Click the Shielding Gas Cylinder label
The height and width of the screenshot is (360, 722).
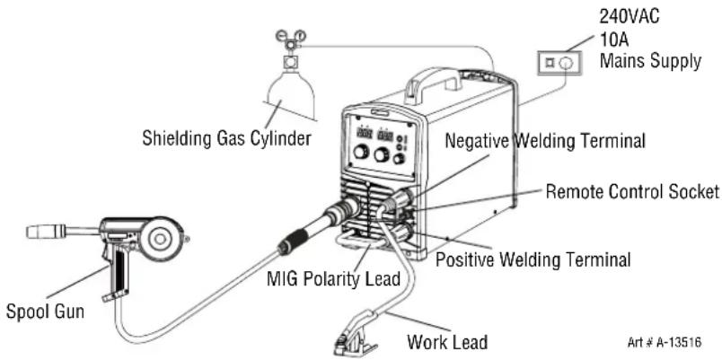(x=226, y=137)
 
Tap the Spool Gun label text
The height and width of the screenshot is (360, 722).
(x=45, y=312)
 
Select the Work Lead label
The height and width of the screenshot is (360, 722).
(x=447, y=342)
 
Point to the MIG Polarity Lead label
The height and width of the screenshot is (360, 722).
(x=333, y=279)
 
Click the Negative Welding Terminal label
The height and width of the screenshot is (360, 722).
(x=545, y=140)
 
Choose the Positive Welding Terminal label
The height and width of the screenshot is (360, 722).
(x=533, y=259)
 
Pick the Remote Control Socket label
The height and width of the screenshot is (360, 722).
(x=632, y=190)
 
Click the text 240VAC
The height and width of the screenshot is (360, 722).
(x=629, y=16)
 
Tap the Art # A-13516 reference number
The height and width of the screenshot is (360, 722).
(x=664, y=342)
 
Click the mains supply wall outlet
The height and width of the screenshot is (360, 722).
(x=559, y=63)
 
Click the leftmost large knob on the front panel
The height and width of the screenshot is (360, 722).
(x=362, y=151)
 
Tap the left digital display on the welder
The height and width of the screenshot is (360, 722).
(x=365, y=134)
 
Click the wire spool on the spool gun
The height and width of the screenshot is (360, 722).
(x=160, y=239)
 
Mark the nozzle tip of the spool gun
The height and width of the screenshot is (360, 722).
(x=28, y=232)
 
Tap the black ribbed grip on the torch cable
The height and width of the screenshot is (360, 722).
(x=294, y=241)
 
